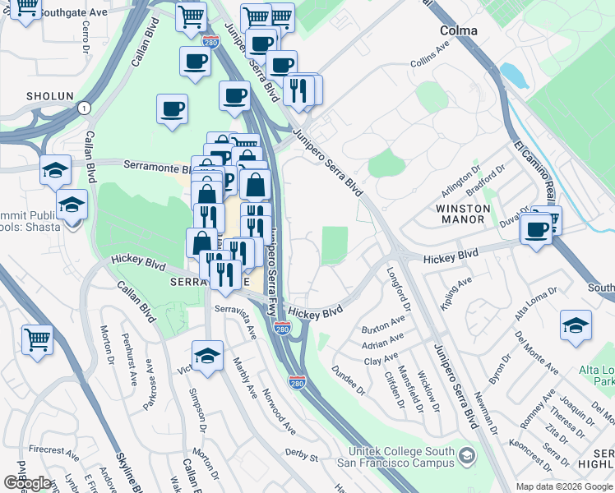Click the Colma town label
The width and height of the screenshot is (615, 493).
(x=459, y=30)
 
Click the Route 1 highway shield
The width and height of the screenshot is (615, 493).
(x=83, y=108)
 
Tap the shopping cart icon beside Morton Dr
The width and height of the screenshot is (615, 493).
(x=38, y=339)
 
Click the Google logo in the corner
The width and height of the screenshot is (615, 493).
(x=27, y=483)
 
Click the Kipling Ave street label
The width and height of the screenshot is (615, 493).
(x=457, y=293)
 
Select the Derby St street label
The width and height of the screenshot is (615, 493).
(x=301, y=454)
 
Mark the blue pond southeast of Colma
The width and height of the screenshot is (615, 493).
(x=514, y=76)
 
